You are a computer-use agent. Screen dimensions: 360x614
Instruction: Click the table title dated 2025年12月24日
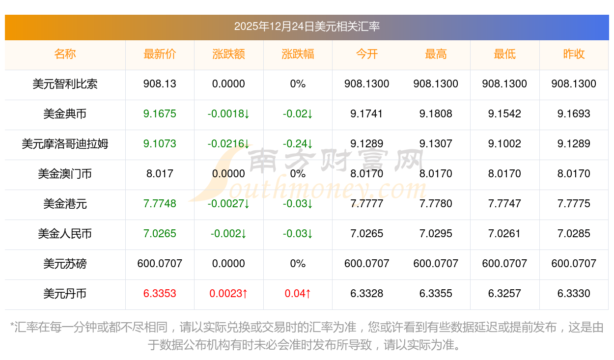pyautogui.click(x=307, y=27)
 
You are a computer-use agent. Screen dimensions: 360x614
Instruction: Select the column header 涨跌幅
pyautogui.click(x=298, y=55)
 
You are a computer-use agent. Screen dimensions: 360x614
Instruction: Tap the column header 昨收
pyautogui.click(x=573, y=55)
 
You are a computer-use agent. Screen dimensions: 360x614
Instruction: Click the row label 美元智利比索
pyautogui.click(x=65, y=84)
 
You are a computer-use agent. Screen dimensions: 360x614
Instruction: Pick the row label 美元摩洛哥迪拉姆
pyautogui.click(x=65, y=144)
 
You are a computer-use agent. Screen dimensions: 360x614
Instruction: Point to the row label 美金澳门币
pyautogui.click(x=65, y=174)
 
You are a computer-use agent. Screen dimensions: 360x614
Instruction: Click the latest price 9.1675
pyautogui.click(x=160, y=114)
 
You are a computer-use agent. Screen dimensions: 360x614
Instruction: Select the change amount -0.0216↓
pyautogui.click(x=228, y=144)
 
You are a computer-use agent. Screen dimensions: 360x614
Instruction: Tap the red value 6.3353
pyautogui.click(x=160, y=294)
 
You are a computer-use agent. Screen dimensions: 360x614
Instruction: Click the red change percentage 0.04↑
pyautogui.click(x=298, y=294)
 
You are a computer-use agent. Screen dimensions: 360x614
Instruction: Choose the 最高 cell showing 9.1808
pyautogui.click(x=436, y=114)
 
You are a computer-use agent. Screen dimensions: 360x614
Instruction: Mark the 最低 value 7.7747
pyautogui.click(x=504, y=204)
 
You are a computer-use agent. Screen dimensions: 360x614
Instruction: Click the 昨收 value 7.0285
pyautogui.click(x=573, y=234)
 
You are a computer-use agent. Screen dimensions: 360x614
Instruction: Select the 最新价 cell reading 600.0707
pyautogui.click(x=160, y=264)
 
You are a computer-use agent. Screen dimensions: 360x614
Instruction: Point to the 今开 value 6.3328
pyautogui.click(x=367, y=294)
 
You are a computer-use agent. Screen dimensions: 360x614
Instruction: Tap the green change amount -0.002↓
pyautogui.click(x=228, y=234)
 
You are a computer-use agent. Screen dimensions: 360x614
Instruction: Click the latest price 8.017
pyautogui.click(x=160, y=174)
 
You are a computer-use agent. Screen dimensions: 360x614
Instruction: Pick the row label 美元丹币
pyautogui.click(x=65, y=294)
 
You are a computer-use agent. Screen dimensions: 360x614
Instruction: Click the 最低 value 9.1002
pyautogui.click(x=504, y=144)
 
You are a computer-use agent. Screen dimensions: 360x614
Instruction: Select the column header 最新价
pyautogui.click(x=160, y=55)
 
